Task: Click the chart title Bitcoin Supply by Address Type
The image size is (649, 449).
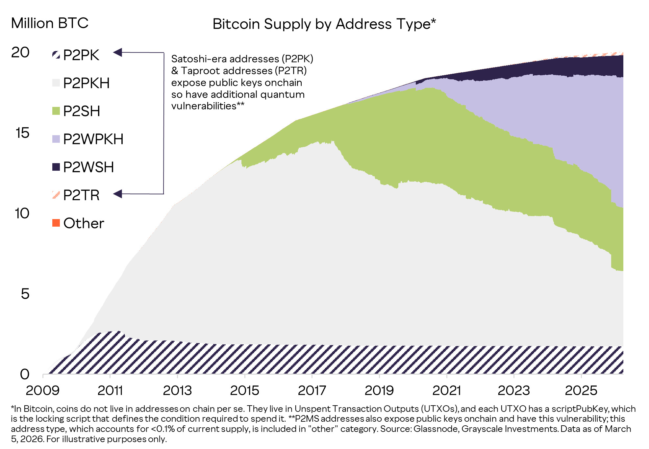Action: click(x=324, y=24)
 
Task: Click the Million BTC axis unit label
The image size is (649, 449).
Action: click(x=50, y=23)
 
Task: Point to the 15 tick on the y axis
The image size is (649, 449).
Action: click(x=22, y=133)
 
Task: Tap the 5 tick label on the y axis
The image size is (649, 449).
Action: click(x=25, y=294)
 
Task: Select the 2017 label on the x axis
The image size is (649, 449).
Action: click(x=312, y=390)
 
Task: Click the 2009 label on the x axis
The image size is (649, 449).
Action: click(x=42, y=390)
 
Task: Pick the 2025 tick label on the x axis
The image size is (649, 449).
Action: click(x=581, y=390)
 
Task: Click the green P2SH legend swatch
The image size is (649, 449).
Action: click(x=56, y=111)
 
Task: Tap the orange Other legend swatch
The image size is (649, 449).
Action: click(x=56, y=223)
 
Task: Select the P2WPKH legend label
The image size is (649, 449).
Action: click(x=93, y=139)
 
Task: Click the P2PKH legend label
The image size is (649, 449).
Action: click(x=86, y=83)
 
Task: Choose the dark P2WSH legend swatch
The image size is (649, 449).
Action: click(x=56, y=167)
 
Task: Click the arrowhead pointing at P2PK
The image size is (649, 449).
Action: click(x=118, y=52)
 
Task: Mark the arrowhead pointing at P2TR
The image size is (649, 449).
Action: click(x=118, y=194)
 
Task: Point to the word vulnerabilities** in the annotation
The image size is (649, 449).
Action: click(x=208, y=106)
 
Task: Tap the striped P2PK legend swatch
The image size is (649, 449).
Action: click(x=56, y=55)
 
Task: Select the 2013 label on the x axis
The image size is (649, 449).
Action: click(x=177, y=390)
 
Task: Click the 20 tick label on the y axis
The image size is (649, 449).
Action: click(x=20, y=52)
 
